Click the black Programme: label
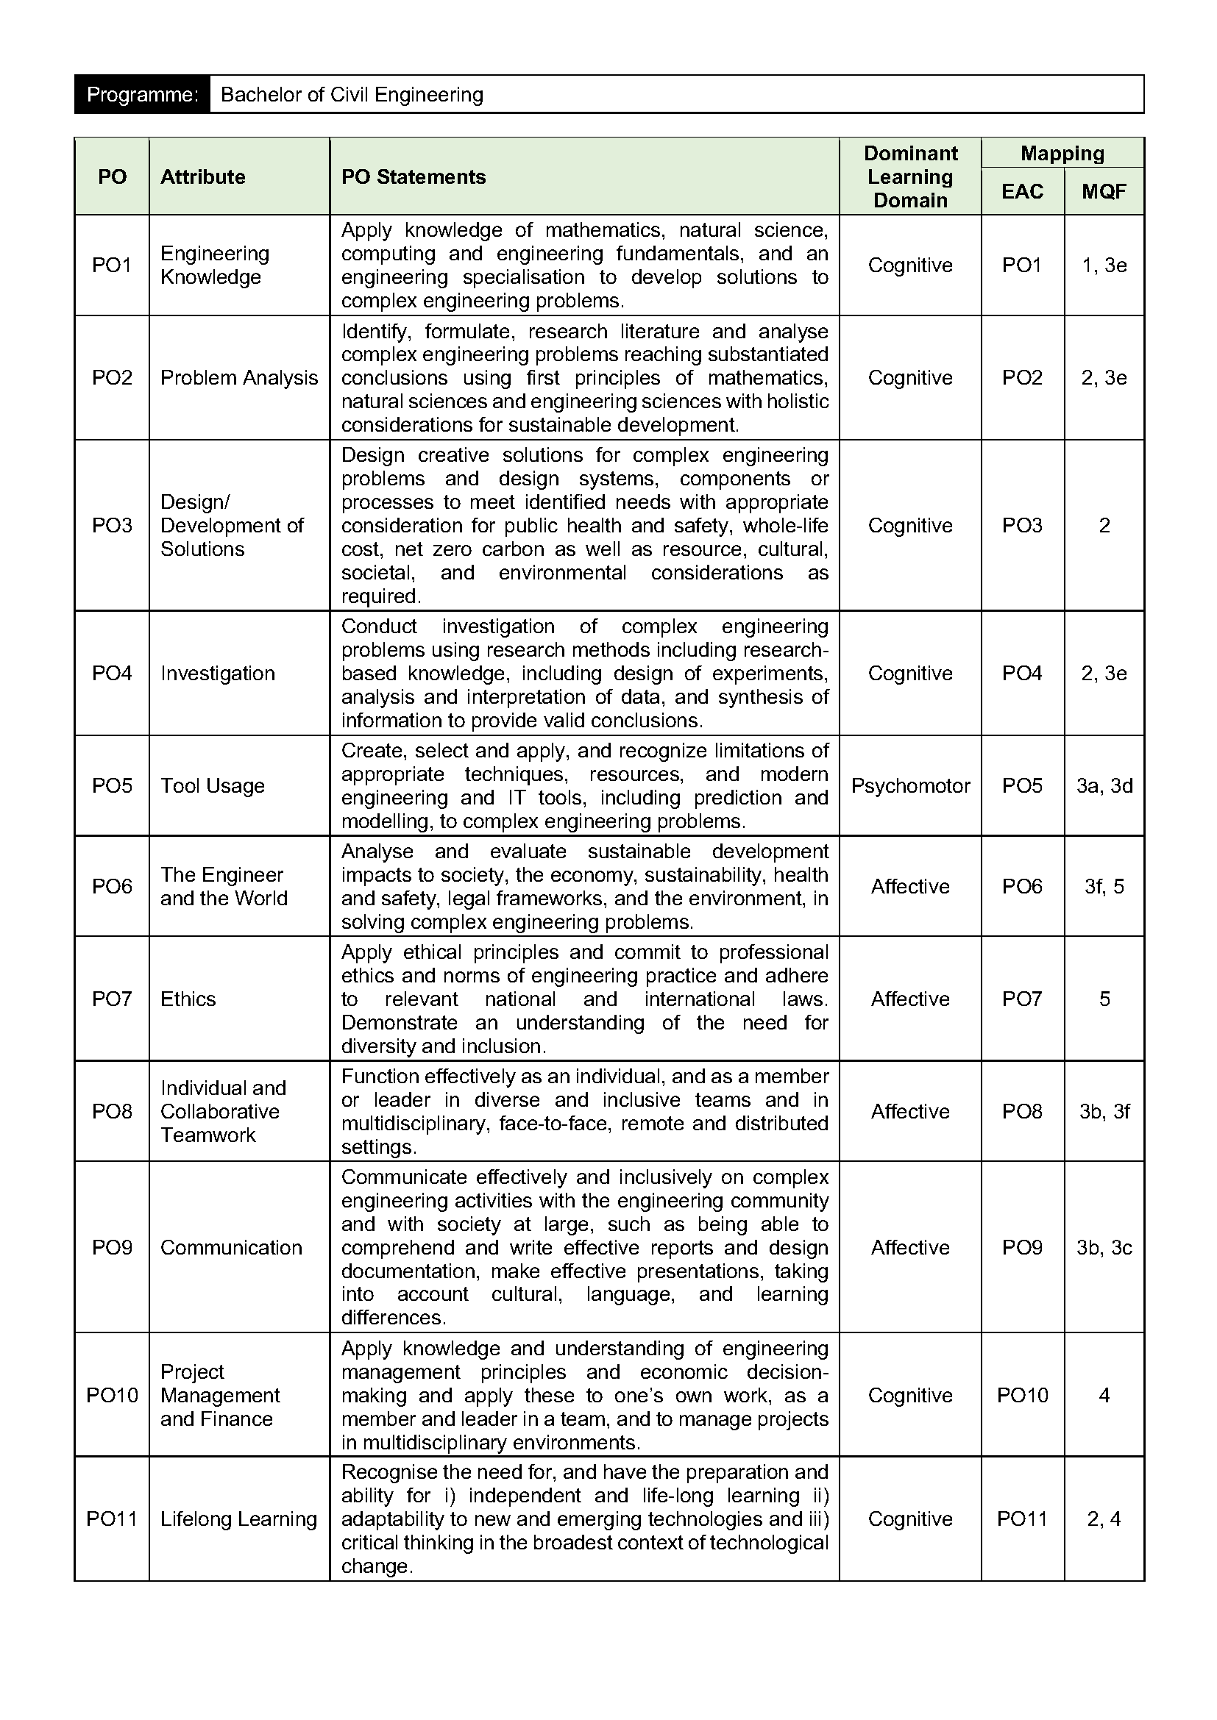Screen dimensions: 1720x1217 141,94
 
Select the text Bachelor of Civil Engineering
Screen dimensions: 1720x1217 352,94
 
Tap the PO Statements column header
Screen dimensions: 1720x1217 413,176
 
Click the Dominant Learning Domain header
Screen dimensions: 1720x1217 909,176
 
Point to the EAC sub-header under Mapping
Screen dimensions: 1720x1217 1022,192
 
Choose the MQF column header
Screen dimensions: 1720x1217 1104,192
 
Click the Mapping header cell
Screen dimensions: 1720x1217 1062,154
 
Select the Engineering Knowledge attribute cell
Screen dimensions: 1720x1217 214,265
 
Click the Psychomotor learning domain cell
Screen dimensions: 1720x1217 909,786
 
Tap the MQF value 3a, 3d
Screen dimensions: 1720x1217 1104,786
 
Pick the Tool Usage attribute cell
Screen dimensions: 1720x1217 212,786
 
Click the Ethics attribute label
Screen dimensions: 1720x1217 188,999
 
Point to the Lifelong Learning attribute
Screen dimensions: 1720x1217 238,1519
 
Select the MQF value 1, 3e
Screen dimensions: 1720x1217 1104,265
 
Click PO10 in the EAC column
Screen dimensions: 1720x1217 1022,1395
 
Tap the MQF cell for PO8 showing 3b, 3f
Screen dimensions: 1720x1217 1104,1111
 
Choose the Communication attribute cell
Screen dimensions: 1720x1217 231,1247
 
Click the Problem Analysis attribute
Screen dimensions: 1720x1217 238,377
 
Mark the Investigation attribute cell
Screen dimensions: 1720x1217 217,674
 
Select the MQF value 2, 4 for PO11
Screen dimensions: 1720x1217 1104,1519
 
